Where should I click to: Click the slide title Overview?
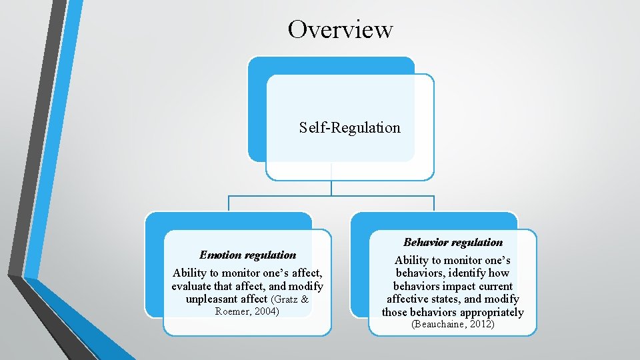click(341, 29)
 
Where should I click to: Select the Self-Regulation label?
click(350, 127)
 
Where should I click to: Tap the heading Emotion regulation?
click(247, 255)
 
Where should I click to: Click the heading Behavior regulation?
click(453, 242)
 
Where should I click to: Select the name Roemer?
click(231, 311)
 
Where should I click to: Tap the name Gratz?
click(285, 299)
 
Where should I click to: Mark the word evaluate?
click(191, 286)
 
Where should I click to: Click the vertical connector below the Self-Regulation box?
click(331, 188)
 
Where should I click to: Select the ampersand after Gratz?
click(305, 299)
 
